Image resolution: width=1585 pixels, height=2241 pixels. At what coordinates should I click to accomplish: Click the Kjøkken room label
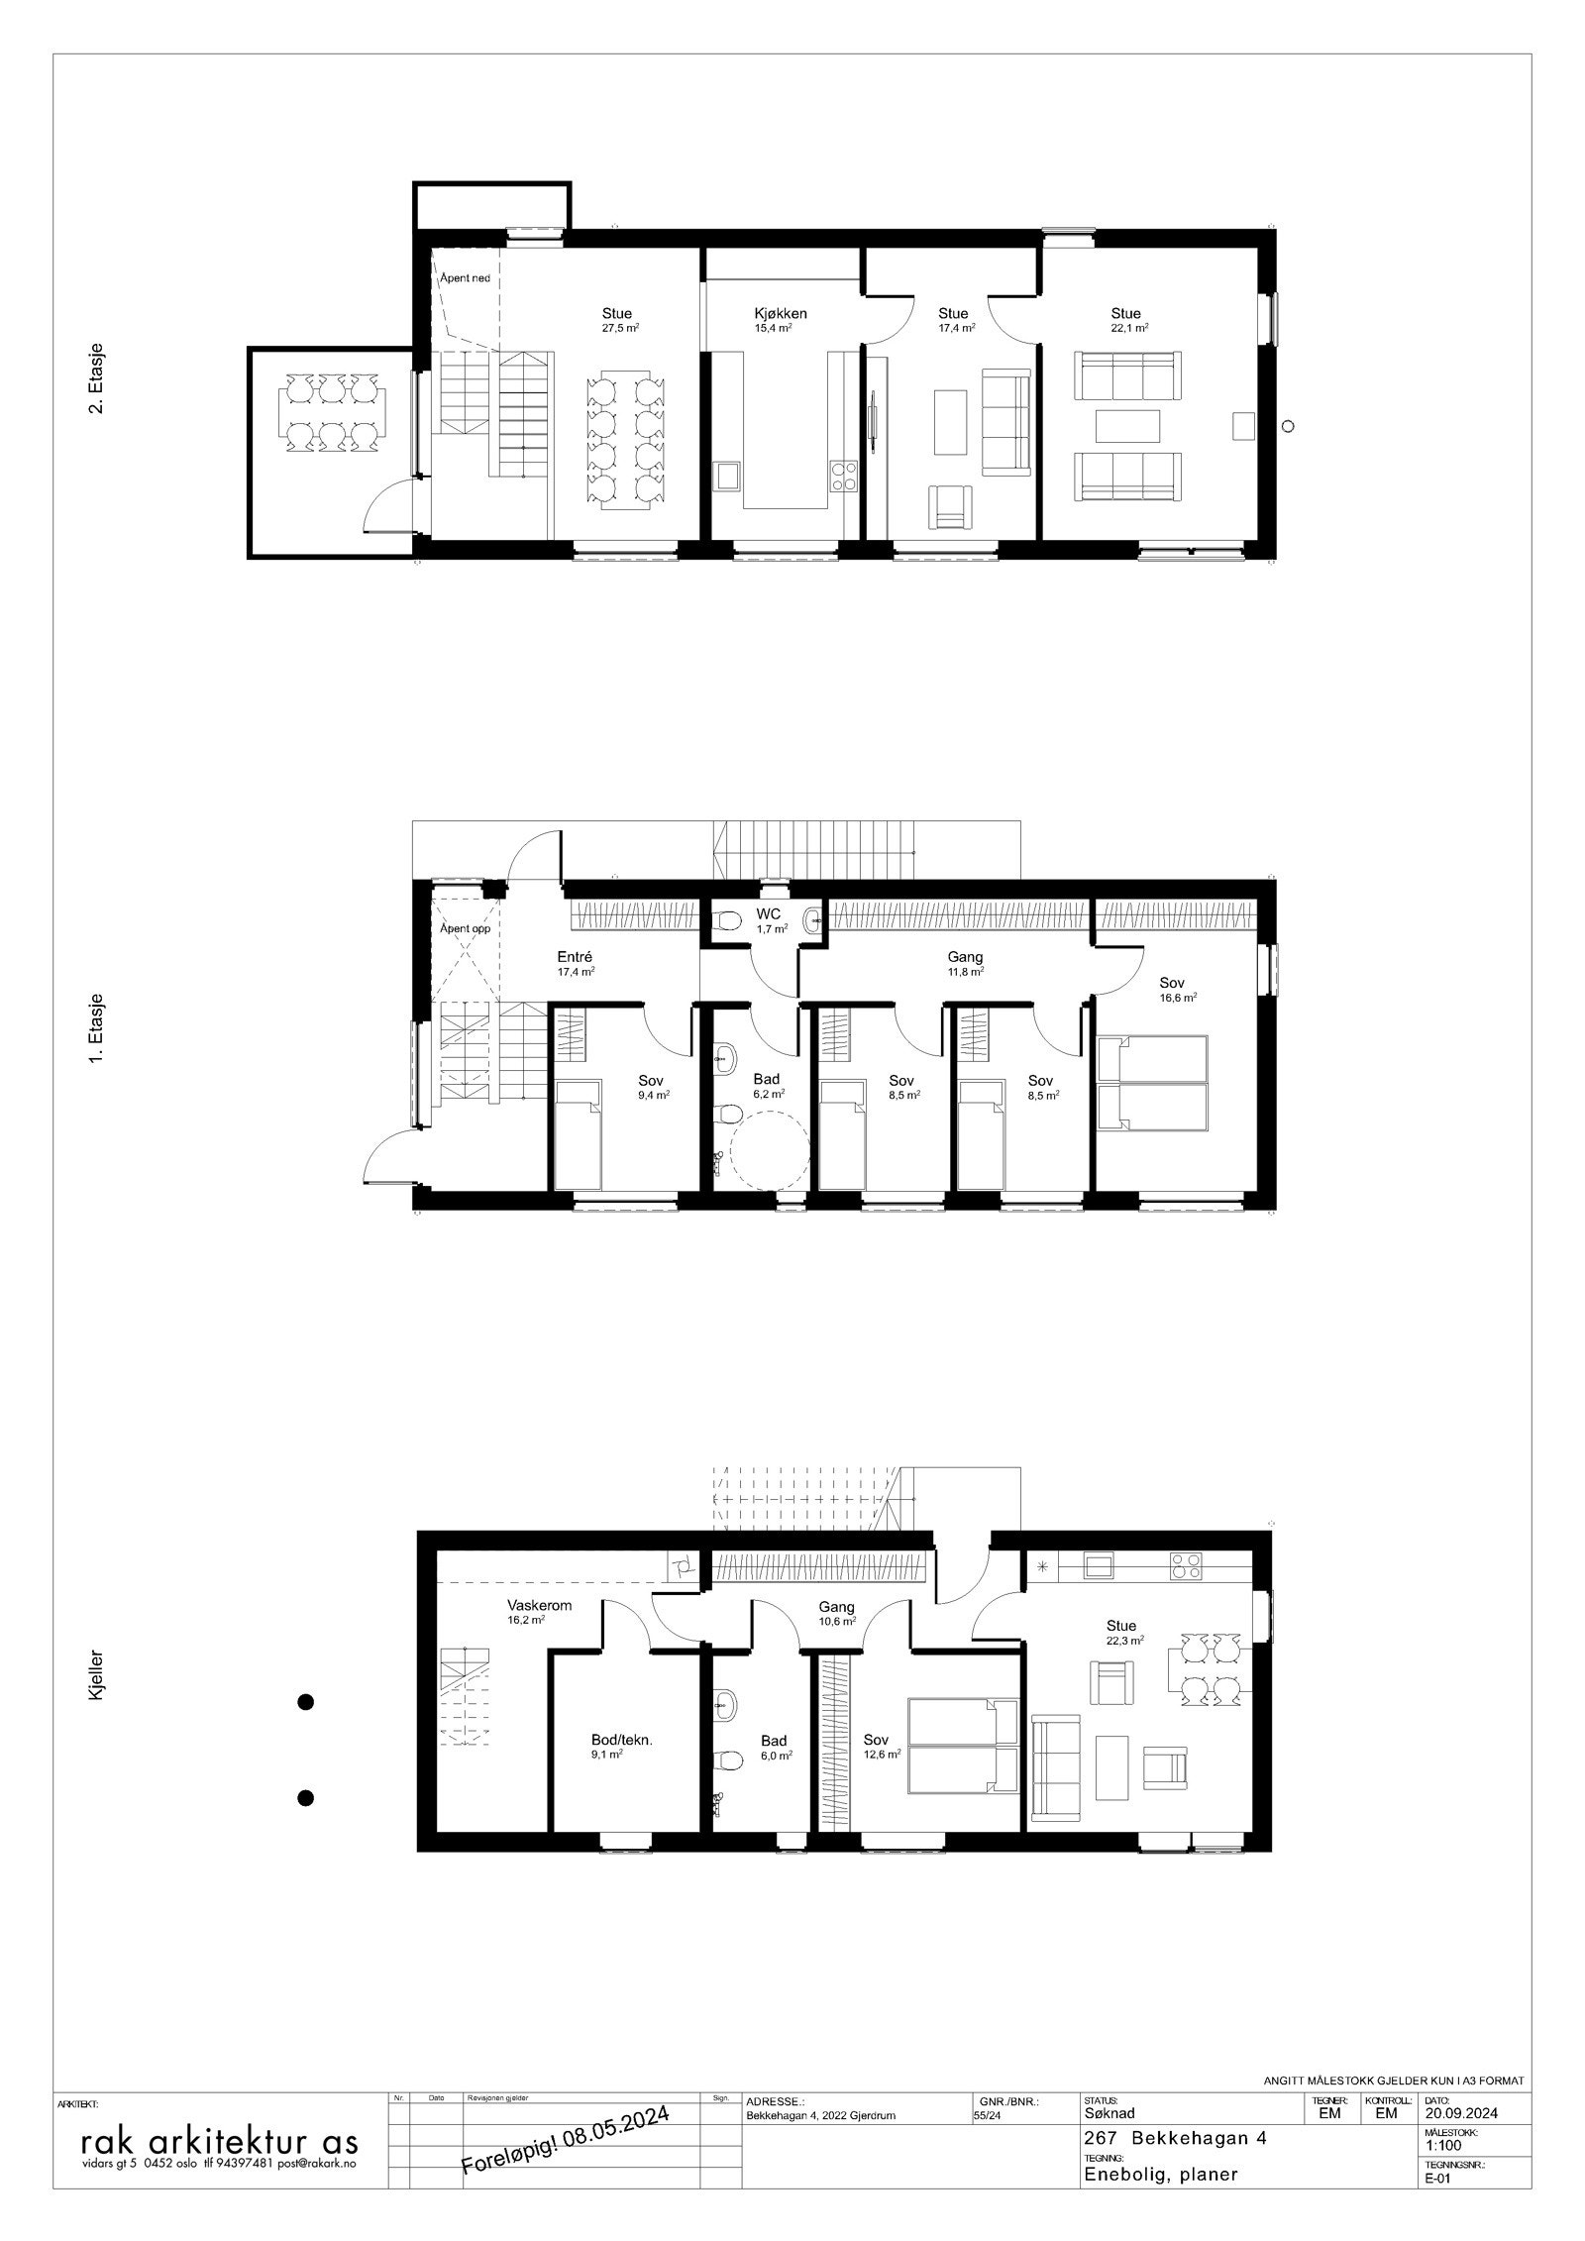coord(781,314)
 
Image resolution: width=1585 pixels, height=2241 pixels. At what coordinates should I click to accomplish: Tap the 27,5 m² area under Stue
coord(620,328)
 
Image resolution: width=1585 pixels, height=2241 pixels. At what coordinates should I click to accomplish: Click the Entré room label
coord(575,957)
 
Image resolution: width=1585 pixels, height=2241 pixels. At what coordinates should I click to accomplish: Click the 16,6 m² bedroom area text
coord(1178,998)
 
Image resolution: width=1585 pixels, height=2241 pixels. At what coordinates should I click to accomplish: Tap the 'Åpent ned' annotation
coord(466,278)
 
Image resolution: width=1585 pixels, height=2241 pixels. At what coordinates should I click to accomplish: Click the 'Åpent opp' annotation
coord(466,929)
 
